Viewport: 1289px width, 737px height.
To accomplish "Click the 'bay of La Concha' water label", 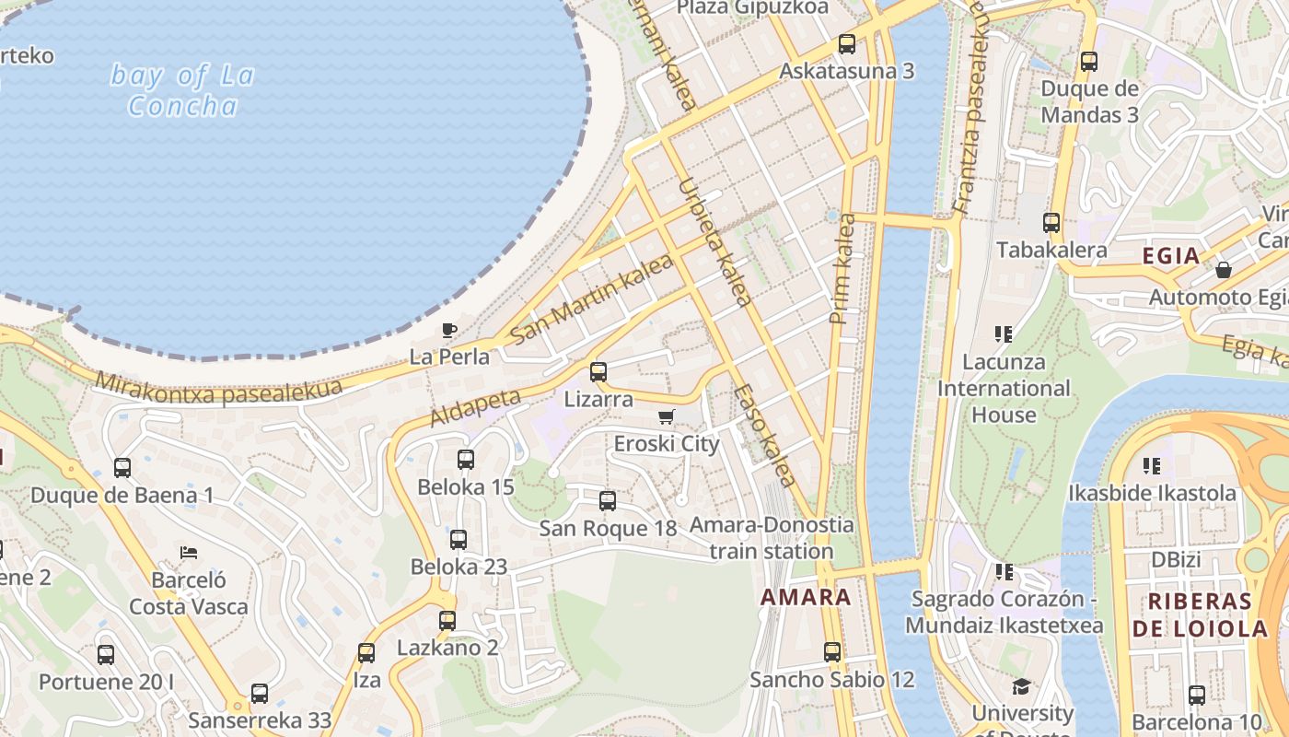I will pos(182,89).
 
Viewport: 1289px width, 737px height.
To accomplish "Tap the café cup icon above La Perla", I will pos(449,330).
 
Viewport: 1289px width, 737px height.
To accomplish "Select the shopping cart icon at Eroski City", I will pos(667,416).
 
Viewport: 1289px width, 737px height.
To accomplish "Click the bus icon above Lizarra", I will pos(598,372).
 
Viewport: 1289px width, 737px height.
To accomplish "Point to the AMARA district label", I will pos(806,597).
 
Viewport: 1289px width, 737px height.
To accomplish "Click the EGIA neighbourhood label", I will pos(1171,255).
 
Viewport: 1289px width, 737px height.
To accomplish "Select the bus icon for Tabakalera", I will pos(1051,222).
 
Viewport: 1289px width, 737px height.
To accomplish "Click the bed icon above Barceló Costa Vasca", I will pos(189,553).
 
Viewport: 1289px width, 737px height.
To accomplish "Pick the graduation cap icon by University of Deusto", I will pos(1022,686).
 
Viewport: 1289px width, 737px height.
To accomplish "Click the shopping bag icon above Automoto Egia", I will pos(1224,270).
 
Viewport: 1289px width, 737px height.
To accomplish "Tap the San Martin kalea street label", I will pos(591,299).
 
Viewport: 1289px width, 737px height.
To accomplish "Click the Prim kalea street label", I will pos(842,269).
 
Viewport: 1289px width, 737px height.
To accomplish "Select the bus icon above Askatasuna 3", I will pos(847,43).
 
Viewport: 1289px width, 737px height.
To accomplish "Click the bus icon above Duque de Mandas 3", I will pos(1089,62).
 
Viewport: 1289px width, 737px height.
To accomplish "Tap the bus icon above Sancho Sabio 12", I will pos(832,652).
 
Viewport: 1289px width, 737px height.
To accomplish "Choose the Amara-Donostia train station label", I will pos(772,538).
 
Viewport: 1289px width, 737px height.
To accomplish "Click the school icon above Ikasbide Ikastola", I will pos(1152,465).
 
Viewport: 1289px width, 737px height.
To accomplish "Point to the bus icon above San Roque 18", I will pos(608,501).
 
